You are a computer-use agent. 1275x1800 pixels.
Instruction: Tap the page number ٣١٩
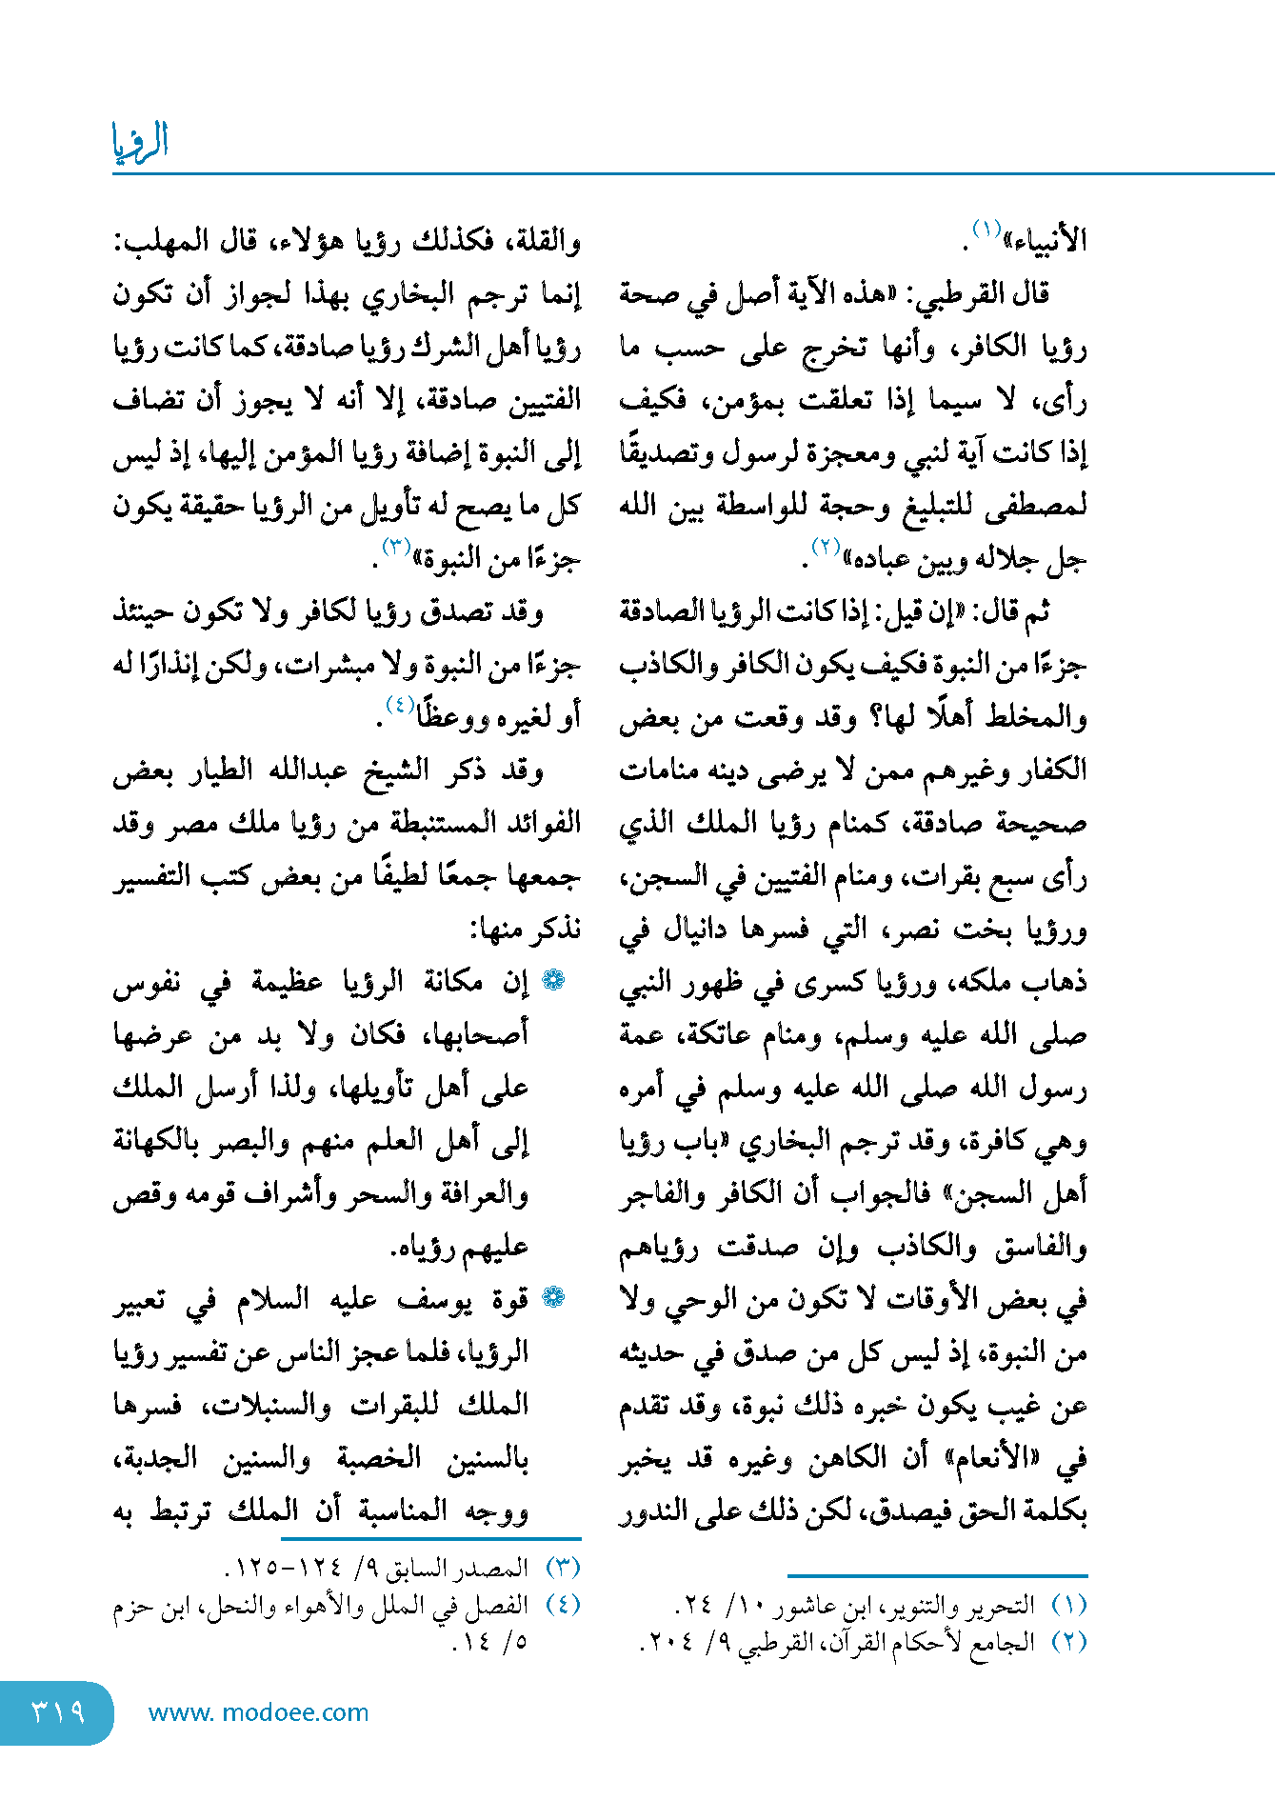tap(58, 1711)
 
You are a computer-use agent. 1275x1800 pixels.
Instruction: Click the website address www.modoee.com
tap(258, 1712)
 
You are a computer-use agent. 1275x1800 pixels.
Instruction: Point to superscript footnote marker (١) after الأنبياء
tap(986, 230)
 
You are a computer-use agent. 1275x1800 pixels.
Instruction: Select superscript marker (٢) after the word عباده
tap(825, 547)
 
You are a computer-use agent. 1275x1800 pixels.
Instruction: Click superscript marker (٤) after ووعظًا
tap(399, 705)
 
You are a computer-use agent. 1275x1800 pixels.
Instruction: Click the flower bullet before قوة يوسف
tap(553, 1297)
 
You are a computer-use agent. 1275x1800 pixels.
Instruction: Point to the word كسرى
tap(846, 982)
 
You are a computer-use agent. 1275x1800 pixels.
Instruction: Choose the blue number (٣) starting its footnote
tap(563, 1567)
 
